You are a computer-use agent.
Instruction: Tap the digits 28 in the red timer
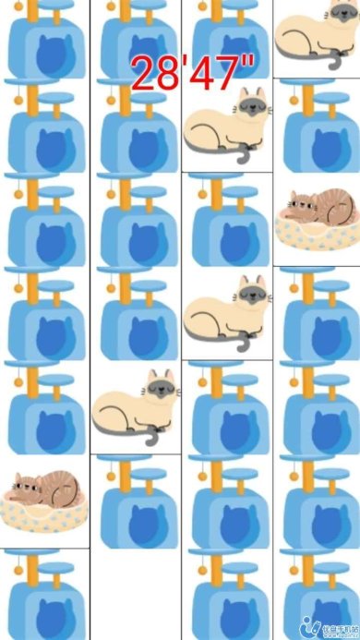[156, 72]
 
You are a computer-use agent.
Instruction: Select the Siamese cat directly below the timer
[227, 125]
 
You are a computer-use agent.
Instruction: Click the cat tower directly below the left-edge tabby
[44, 596]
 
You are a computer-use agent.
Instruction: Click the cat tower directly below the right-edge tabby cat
[316, 314]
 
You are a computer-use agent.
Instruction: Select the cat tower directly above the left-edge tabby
[44, 406]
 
